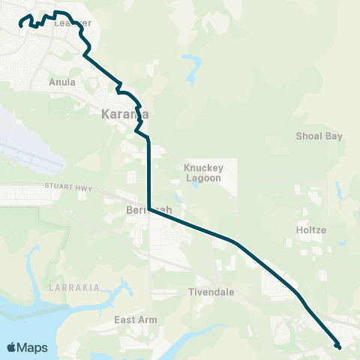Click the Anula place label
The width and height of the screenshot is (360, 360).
61,82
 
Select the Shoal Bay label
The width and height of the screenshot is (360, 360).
319,136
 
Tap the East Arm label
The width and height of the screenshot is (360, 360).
136,319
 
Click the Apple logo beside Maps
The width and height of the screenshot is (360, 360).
11,347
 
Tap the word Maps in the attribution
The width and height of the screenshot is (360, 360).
32,347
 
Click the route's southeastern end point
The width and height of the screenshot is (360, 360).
339,346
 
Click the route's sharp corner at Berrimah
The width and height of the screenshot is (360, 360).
150,209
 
